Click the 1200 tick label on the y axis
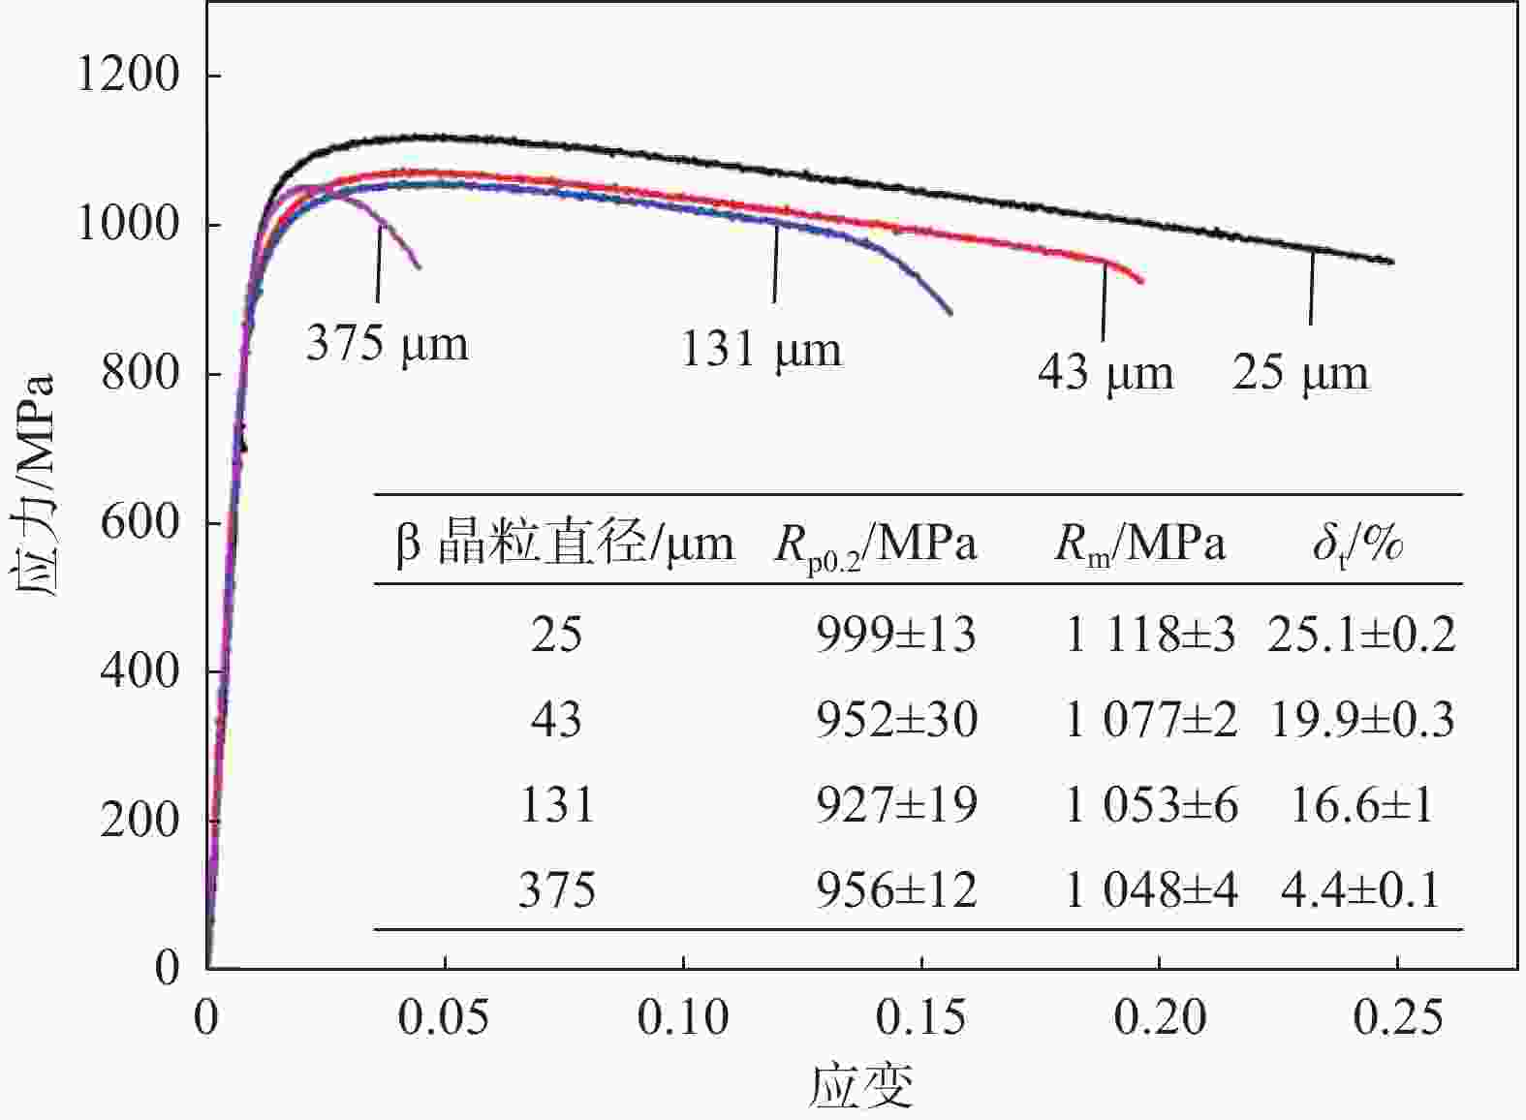click(128, 76)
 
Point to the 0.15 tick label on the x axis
click(920, 1017)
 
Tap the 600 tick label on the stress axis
click(140, 523)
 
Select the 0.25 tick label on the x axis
click(1397, 1017)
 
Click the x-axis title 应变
click(861, 1086)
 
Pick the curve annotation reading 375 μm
click(387, 344)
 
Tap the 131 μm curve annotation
click(761, 350)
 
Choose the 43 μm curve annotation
click(1105, 373)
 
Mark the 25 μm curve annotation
click(1300, 373)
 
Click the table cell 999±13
click(895, 636)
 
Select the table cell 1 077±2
click(1151, 721)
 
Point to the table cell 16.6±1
click(1361, 805)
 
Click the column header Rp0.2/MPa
click(875, 545)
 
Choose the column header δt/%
click(1357, 544)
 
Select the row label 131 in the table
click(557, 805)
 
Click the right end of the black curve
click(1392, 262)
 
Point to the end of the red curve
click(1142, 282)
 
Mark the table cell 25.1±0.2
click(1361, 636)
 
